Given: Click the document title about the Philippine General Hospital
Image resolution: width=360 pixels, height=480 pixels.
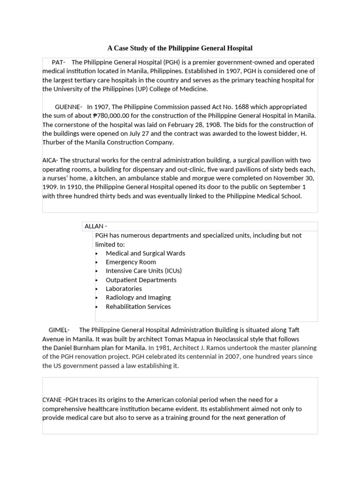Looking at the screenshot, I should tap(180, 48).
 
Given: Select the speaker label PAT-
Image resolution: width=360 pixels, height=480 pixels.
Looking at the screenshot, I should tap(59, 62).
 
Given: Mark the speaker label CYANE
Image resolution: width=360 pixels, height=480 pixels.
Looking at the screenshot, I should tap(52, 399).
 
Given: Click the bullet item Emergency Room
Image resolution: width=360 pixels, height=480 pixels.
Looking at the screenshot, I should tap(131, 262).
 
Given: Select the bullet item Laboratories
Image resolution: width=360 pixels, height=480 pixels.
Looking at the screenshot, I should tap(124, 289).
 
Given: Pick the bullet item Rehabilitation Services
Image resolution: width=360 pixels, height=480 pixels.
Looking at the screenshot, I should tap(138, 307).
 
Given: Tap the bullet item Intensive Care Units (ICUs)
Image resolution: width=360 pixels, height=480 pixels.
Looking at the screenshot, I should tap(143, 271).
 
